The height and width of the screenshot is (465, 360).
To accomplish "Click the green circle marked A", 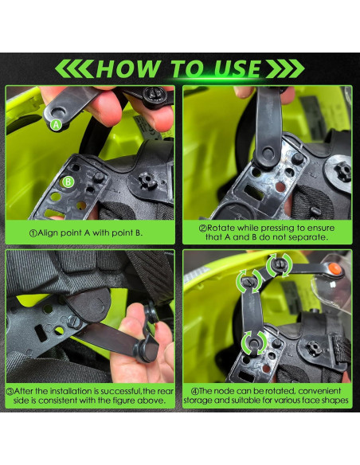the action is click(56, 125).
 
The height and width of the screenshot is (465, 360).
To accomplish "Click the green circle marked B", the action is click(68, 182).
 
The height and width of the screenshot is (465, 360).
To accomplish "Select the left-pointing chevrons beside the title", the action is click(74, 68).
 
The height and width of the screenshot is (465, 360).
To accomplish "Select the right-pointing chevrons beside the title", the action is click(285, 68).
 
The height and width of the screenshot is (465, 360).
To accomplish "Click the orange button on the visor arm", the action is click(335, 268).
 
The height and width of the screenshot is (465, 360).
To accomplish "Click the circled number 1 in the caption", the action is click(33, 233).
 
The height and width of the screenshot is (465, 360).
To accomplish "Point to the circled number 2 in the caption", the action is click(202, 229).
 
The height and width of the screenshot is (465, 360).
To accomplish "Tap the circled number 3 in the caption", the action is click(10, 392).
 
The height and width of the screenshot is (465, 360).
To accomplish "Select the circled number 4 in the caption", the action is click(195, 392).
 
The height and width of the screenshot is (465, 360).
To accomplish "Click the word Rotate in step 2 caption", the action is click(221, 228).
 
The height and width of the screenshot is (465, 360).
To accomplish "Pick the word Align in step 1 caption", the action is click(48, 232).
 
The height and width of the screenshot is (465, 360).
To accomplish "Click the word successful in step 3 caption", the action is click(121, 392).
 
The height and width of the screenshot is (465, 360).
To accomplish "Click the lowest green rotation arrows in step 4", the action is click(253, 343).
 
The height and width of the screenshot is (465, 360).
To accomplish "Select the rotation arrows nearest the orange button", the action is click(279, 265).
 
